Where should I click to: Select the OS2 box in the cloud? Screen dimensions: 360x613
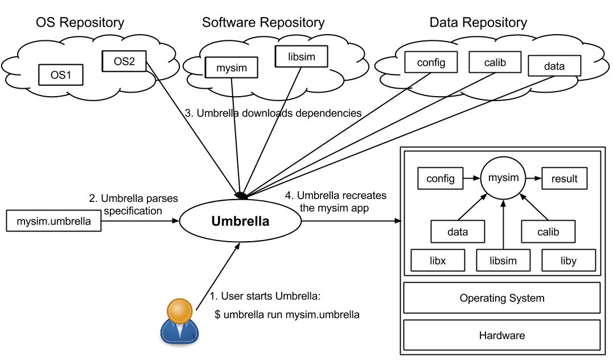click(125, 61)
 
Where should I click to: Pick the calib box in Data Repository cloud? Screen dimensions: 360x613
click(495, 63)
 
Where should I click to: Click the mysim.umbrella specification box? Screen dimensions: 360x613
click(54, 221)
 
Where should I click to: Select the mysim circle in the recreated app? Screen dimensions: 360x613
click(503, 178)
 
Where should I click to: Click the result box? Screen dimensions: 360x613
click(564, 179)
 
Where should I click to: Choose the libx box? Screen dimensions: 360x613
click(438, 260)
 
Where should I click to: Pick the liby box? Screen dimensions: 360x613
click(568, 260)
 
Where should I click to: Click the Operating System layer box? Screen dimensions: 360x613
click(501, 298)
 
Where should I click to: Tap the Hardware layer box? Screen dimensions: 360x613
click(501, 336)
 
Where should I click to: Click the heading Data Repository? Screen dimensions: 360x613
click(478, 23)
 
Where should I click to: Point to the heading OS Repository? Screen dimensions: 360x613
click(80, 23)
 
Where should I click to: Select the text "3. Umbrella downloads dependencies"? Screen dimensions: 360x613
click(273, 113)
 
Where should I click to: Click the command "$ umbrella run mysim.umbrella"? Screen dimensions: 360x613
click(287, 314)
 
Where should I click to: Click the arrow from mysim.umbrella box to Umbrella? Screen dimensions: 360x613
click(140, 221)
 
